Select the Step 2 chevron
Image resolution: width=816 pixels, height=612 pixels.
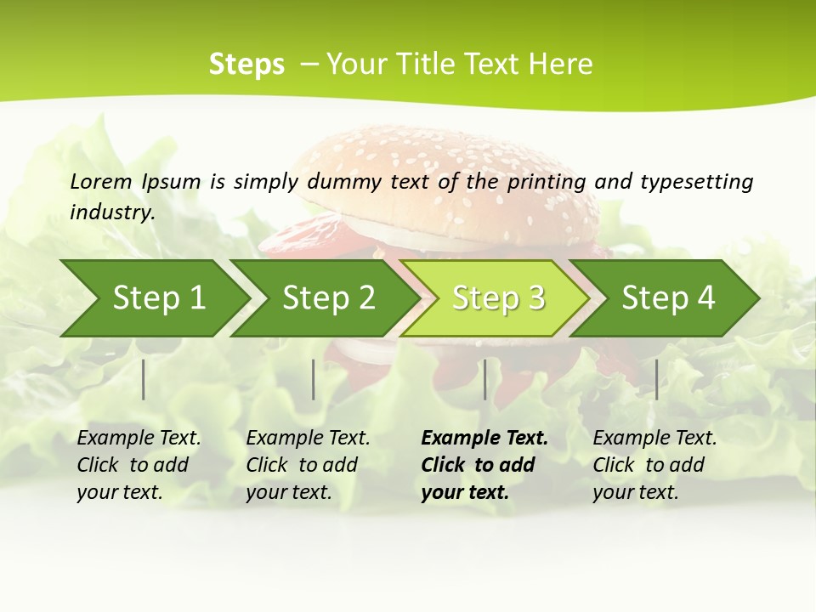pos(328,298)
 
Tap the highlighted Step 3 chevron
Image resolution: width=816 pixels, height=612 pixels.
pos(498,298)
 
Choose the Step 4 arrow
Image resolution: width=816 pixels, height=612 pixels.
pos(668,298)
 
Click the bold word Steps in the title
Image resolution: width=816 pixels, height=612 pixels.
pos(246,65)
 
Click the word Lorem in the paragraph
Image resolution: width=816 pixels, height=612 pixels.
pos(101,181)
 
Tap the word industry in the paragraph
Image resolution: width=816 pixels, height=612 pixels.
pos(112,212)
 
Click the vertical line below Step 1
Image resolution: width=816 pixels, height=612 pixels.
pos(144,379)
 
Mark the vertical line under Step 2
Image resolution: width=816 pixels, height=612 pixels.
pos(314,379)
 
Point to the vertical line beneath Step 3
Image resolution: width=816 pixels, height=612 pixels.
pos(485,379)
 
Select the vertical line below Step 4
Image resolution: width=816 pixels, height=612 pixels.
pos(656,379)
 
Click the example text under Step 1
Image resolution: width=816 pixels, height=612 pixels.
pos(139,465)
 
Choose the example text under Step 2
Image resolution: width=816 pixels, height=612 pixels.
pos(308,465)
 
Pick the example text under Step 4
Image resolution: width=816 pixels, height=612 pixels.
pos(654,465)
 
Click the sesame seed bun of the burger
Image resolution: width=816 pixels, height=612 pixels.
pos(442,170)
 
